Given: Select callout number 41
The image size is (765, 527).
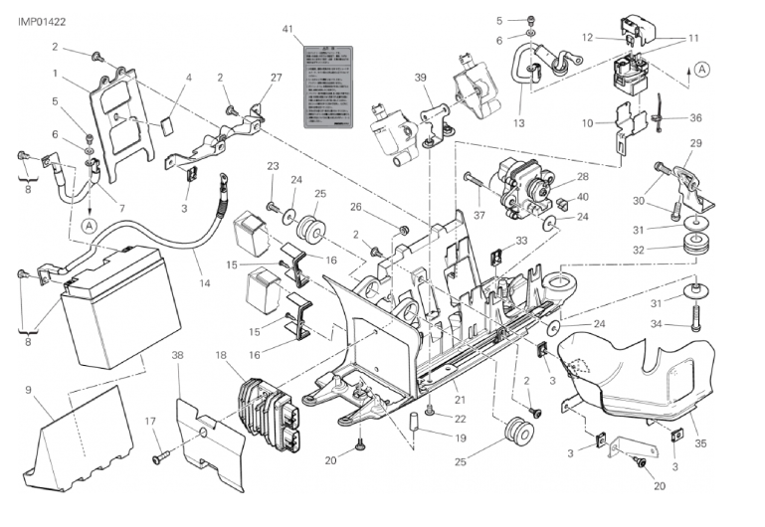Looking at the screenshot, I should click(x=287, y=31).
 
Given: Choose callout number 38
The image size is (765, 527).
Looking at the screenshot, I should click(x=177, y=355).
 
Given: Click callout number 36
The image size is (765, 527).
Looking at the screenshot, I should click(x=696, y=117).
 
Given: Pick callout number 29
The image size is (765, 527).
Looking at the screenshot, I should click(x=695, y=145).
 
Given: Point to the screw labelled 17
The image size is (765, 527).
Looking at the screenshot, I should click(x=159, y=458).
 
